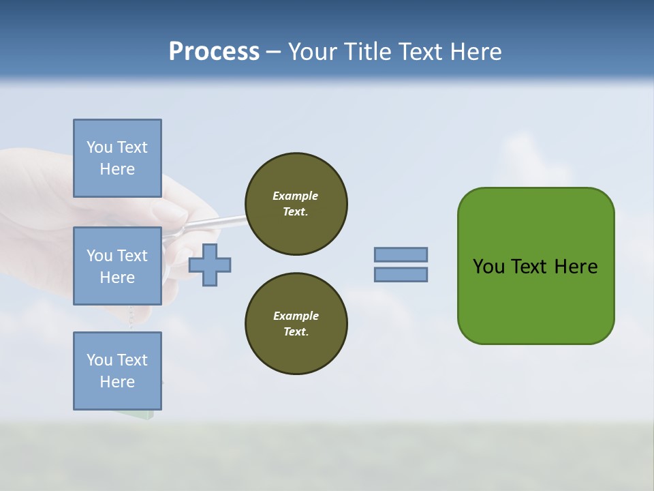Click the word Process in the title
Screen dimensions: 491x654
point(214,51)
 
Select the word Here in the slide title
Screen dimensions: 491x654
point(475,51)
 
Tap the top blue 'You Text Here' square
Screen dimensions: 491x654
point(117,158)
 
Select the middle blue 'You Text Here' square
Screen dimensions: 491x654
point(117,266)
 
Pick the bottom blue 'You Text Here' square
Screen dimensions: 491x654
point(117,370)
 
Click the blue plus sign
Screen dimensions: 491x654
point(210,265)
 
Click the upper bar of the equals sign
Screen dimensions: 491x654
point(401,254)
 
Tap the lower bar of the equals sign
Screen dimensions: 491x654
point(401,274)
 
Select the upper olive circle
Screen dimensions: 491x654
point(296,204)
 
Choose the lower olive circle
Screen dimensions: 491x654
point(296,324)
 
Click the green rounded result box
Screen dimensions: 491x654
point(535,300)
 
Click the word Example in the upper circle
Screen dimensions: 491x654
point(295,196)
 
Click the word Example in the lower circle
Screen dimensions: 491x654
point(295,316)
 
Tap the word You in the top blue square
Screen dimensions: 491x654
point(99,147)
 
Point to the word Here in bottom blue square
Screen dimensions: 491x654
point(117,382)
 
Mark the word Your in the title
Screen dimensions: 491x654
point(313,51)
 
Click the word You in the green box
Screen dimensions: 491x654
point(488,267)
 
